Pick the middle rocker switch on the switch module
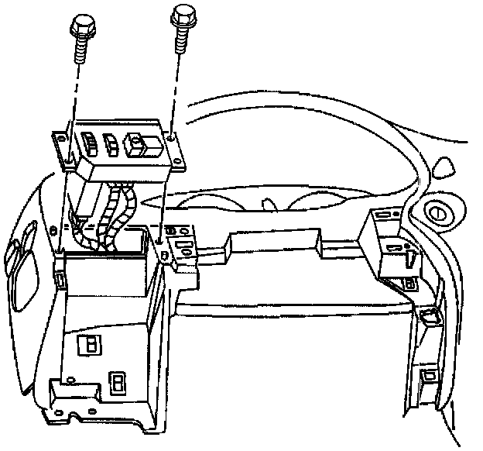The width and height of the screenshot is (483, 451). point(111,143)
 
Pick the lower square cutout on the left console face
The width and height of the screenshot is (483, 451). point(118,383)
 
